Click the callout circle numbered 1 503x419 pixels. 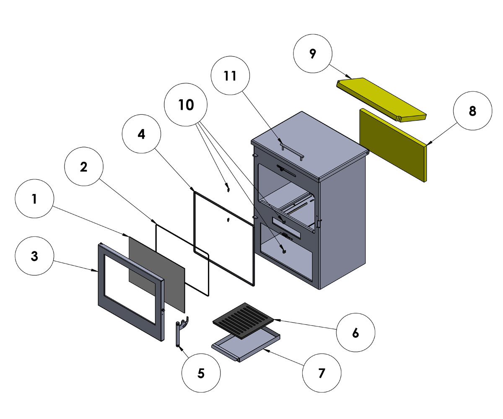34,199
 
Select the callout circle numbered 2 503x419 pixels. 84,167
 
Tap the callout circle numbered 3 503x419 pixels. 34,256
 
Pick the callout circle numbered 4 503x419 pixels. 141,134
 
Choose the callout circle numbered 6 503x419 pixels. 355,332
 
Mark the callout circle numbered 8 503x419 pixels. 472,112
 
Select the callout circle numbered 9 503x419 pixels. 313,54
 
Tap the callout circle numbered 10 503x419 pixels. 186,105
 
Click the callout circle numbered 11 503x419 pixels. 230,76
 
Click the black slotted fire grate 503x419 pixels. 243,321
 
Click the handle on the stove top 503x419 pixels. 292,151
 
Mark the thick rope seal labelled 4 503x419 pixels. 194,222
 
